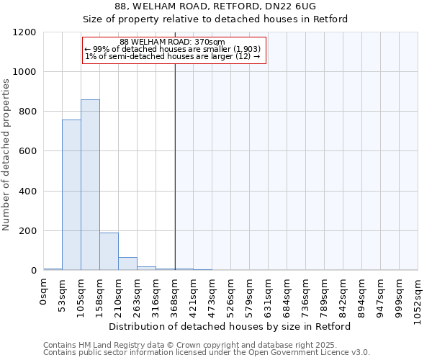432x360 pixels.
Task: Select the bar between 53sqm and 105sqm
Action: [x=71, y=194]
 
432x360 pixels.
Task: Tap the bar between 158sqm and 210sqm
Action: [x=109, y=251]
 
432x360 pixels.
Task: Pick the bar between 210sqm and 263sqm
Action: [x=127, y=264]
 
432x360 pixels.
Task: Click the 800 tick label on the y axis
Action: [x=27, y=112]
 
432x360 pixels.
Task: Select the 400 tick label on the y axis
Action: [x=27, y=192]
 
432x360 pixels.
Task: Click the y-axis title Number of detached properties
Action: [x=6, y=155]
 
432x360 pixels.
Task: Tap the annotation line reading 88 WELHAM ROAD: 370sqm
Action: [x=173, y=42]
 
